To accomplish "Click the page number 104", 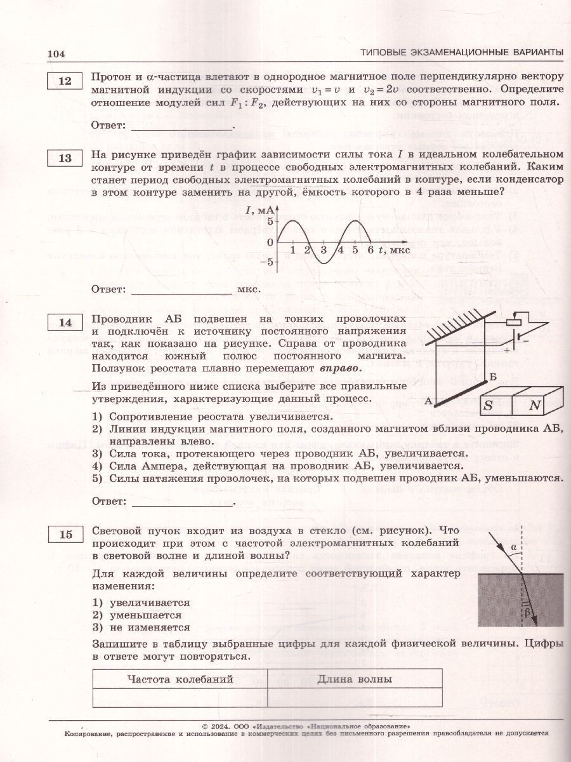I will [x=56, y=53].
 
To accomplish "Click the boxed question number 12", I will [x=65, y=81].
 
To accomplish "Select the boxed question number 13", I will [x=65, y=158].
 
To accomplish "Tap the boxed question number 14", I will [x=65, y=323].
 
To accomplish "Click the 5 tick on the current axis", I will [x=270, y=221].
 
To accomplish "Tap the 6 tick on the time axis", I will [x=371, y=250].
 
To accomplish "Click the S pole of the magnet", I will [x=489, y=405].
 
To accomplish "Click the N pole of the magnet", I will [x=535, y=405].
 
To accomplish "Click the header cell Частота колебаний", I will [x=180, y=679].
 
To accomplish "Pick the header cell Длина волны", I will [x=354, y=679].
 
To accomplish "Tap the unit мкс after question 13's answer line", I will [x=249, y=290].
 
